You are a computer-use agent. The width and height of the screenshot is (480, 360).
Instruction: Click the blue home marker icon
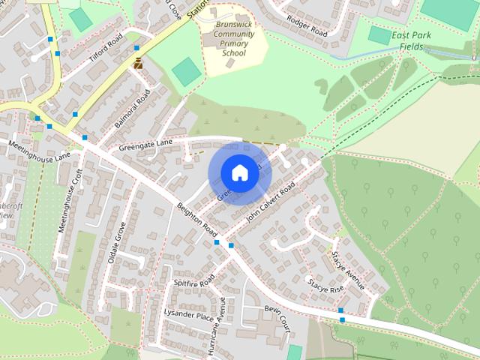pos(239,172)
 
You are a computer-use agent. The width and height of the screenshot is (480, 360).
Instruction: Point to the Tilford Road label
pos(104,50)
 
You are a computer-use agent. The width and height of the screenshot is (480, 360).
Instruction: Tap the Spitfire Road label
pos(194,281)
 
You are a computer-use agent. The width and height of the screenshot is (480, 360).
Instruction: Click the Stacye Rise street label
pos(325,286)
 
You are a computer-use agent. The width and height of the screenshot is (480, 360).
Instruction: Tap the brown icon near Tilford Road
pos(137,64)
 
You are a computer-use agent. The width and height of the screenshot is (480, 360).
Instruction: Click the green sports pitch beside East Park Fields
pos(380,35)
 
